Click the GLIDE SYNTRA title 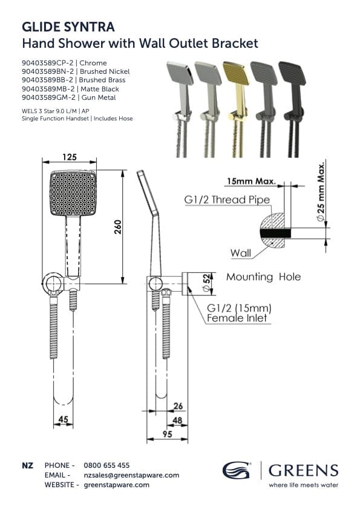68,27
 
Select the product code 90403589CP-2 47,63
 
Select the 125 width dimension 70,157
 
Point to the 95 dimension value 167,434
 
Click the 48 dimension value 178,419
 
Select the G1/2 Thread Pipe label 227,200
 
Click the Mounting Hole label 263,277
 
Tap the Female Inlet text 237,318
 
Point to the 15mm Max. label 250,181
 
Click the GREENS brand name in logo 303,470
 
